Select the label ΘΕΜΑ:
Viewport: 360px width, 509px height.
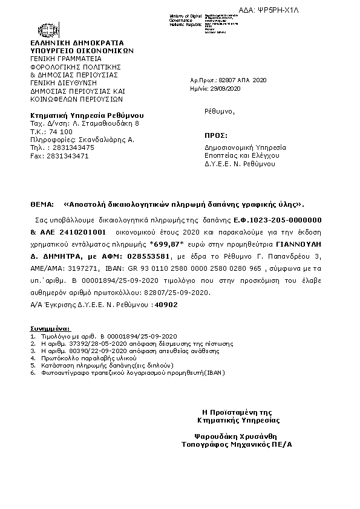(41, 204)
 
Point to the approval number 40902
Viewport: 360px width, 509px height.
(166, 305)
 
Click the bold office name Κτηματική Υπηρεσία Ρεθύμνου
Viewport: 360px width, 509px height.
(87, 115)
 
